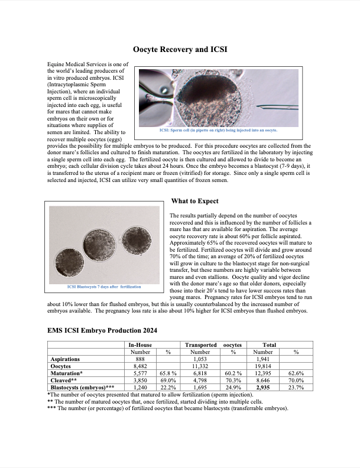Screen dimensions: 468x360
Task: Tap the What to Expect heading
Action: coord(194,201)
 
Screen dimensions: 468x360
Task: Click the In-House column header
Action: coord(140,344)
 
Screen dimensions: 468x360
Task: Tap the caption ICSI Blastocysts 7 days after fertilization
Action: coord(103,287)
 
